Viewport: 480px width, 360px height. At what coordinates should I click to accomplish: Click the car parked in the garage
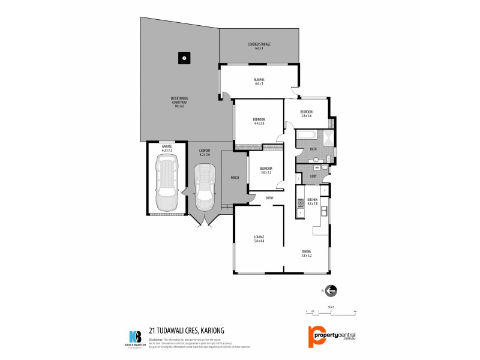click(x=166, y=182)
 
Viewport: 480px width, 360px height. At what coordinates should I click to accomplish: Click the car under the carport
click(x=204, y=187)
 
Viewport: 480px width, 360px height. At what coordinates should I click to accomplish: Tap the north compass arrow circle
click(x=331, y=290)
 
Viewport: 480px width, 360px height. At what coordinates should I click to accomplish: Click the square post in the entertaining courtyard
click(x=184, y=59)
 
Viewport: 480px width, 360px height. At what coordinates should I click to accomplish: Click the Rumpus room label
click(x=259, y=82)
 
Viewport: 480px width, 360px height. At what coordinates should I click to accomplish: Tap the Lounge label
click(x=259, y=238)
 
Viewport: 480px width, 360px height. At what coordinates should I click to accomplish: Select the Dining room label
click(x=307, y=254)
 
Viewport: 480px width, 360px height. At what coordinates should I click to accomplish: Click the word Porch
click(x=235, y=178)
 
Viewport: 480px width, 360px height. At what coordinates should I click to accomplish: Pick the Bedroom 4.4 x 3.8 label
click(x=259, y=122)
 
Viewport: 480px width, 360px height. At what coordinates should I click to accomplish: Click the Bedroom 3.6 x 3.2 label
click(x=266, y=170)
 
